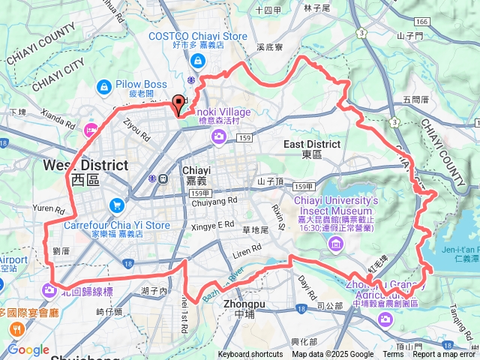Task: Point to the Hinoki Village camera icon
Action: pyautogui.click(x=219, y=136)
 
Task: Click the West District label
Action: pyautogui.click(x=85, y=165)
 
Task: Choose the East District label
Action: pyautogui.click(x=312, y=144)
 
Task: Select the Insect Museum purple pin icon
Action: pyautogui.click(x=335, y=244)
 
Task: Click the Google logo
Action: pyautogui.click(x=28, y=349)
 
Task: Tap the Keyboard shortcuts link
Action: pyautogui.click(x=250, y=355)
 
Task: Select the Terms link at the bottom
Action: pyautogui.click(x=393, y=355)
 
